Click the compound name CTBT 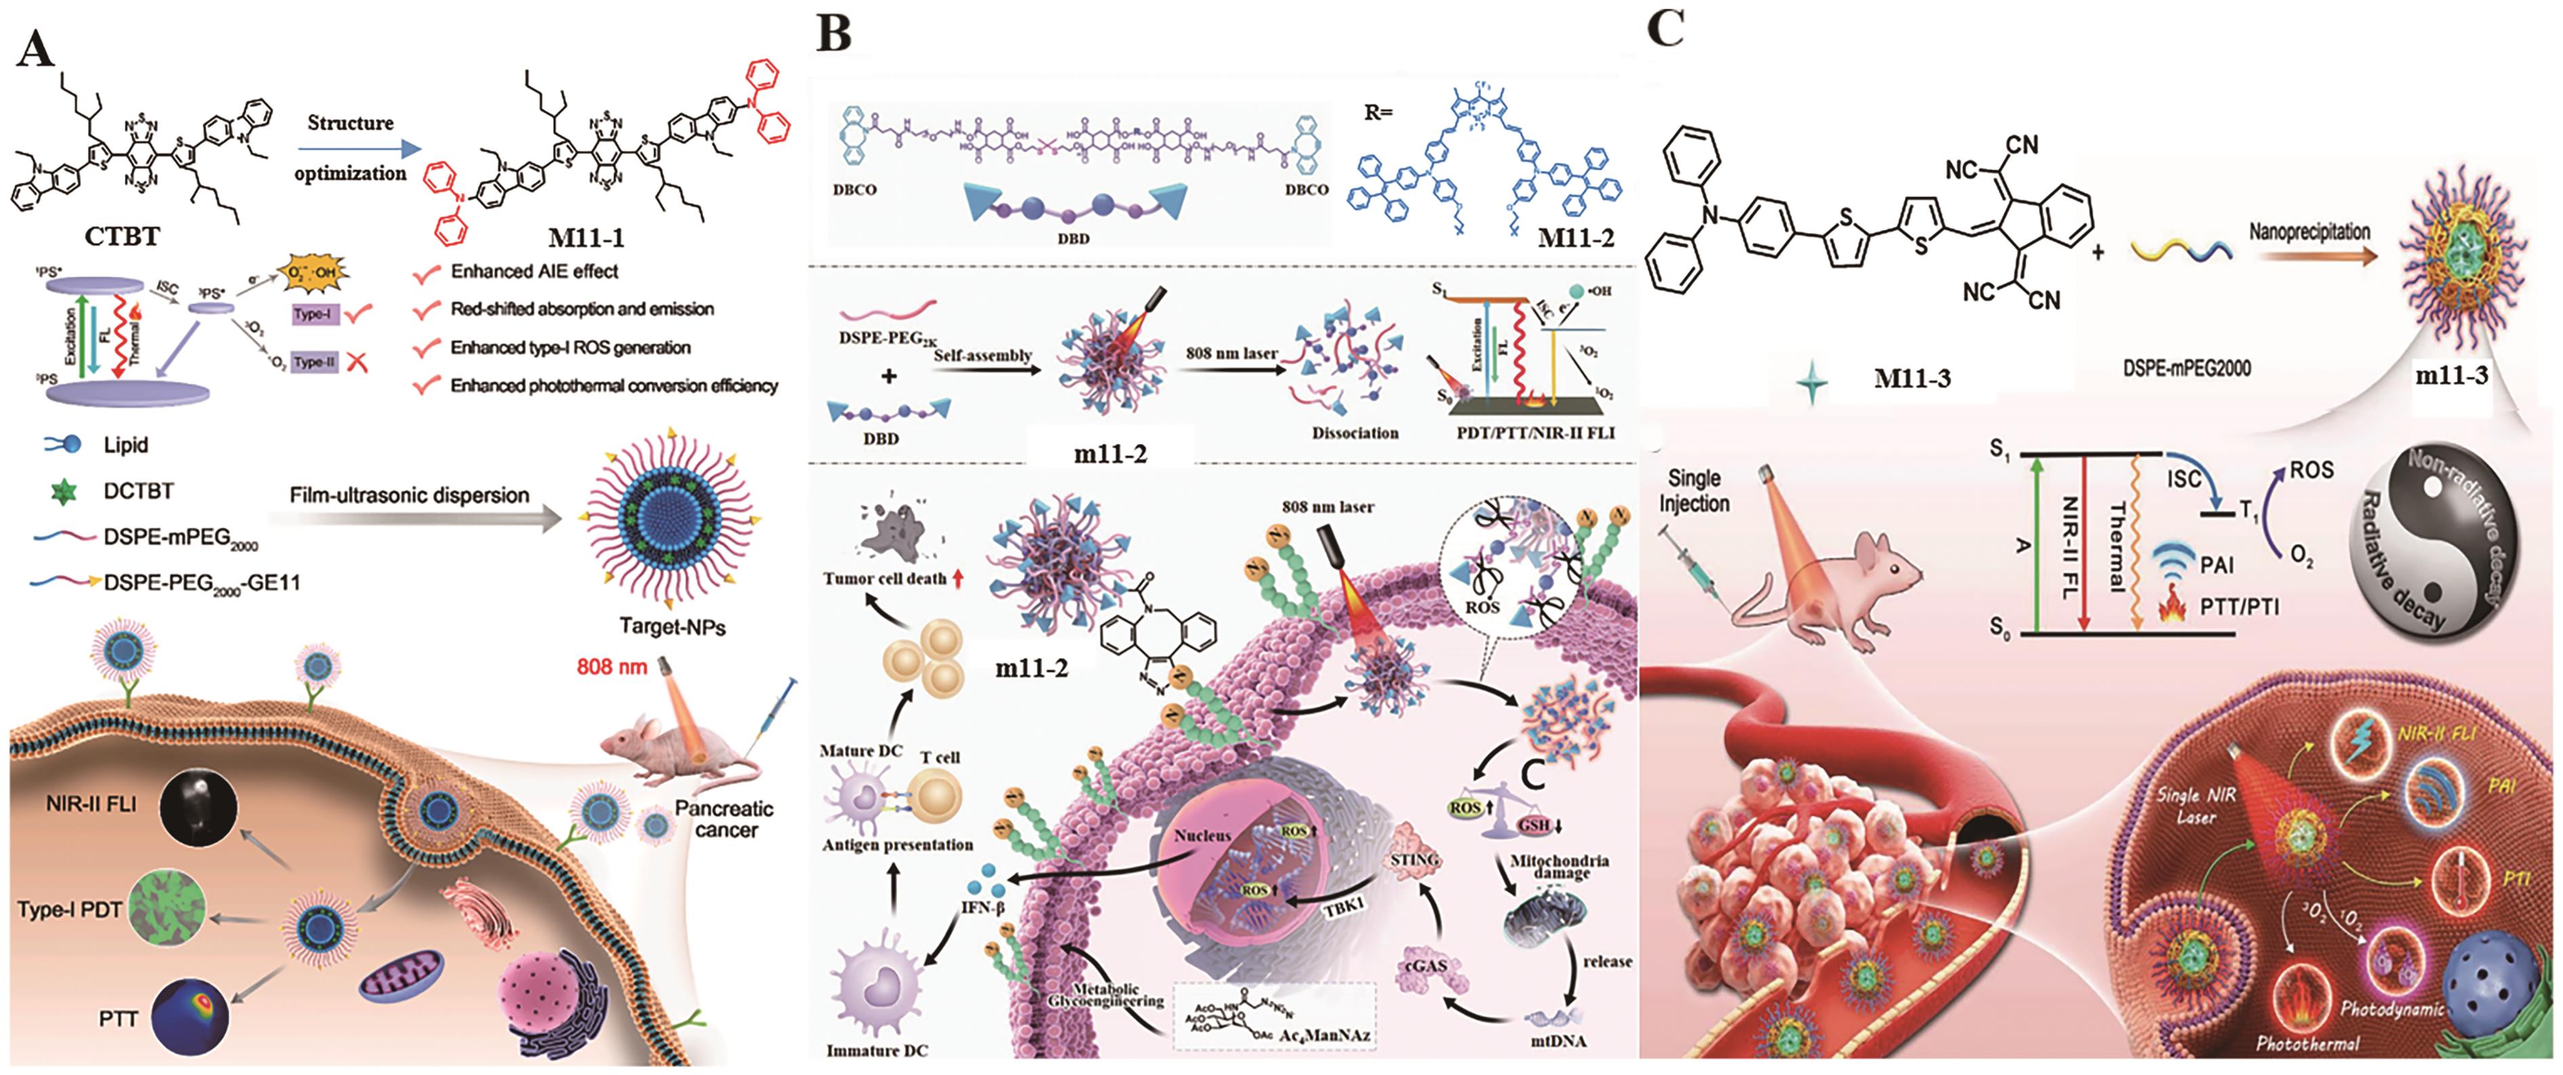tap(121, 236)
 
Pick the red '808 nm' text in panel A tap(611, 666)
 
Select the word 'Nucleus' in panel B tap(1202, 836)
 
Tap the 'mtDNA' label tap(1558, 1041)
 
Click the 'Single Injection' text tap(1694, 491)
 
